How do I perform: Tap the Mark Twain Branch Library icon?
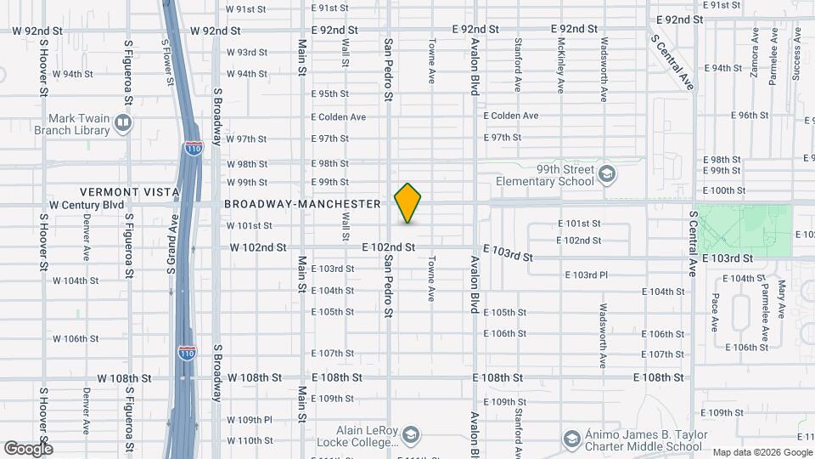(123, 124)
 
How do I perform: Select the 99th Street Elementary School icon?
(606, 175)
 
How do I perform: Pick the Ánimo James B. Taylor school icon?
(573, 439)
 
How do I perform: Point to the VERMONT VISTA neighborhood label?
(129, 193)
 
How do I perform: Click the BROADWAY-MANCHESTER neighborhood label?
(302, 204)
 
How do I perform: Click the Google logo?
(28, 449)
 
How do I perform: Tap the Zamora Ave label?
(754, 52)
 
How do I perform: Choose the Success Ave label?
(796, 54)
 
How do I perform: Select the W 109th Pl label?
(250, 419)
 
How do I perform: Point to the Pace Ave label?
(716, 312)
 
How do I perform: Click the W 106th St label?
(76, 338)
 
